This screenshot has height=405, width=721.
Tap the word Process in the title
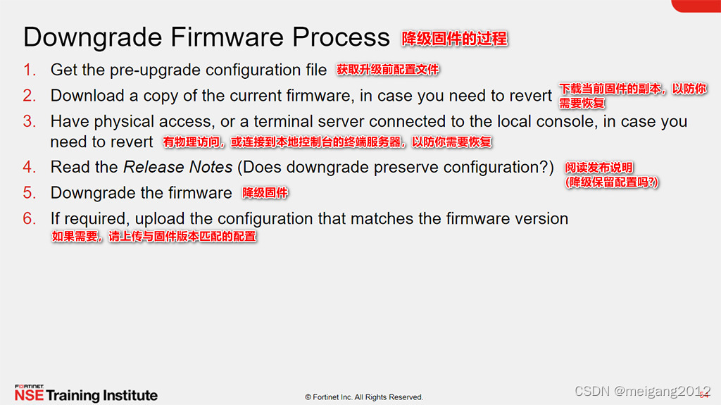pyautogui.click(x=341, y=37)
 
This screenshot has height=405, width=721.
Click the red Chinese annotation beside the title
pyautogui.click(x=454, y=39)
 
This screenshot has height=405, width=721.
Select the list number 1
pyautogui.click(x=29, y=70)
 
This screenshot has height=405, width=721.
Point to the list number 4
pyautogui.click(x=29, y=167)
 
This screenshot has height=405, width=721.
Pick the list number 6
pyautogui.click(x=29, y=218)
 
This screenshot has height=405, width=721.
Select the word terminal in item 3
pyautogui.click(x=282, y=121)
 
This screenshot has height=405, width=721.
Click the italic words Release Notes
pyautogui.click(x=178, y=167)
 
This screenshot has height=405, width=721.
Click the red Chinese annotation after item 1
pyautogui.click(x=388, y=70)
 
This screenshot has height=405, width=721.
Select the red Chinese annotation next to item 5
pyautogui.click(x=265, y=193)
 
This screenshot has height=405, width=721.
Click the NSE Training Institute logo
pyautogui.click(x=86, y=394)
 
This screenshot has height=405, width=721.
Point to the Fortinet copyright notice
pyautogui.click(x=364, y=397)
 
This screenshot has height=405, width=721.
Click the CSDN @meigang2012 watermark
pyautogui.click(x=642, y=391)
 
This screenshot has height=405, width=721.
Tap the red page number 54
pyautogui.click(x=703, y=395)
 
